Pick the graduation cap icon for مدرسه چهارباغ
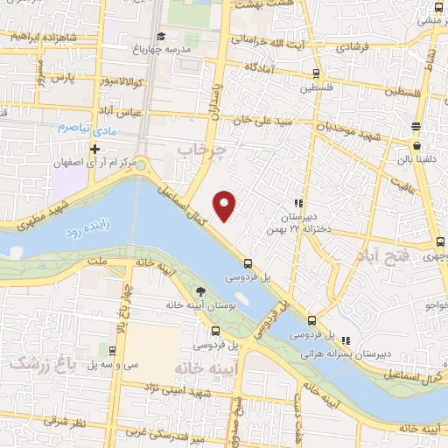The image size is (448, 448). pyautogui.click(x=161, y=37)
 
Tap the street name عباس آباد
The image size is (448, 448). pyautogui.click(x=114, y=110)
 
